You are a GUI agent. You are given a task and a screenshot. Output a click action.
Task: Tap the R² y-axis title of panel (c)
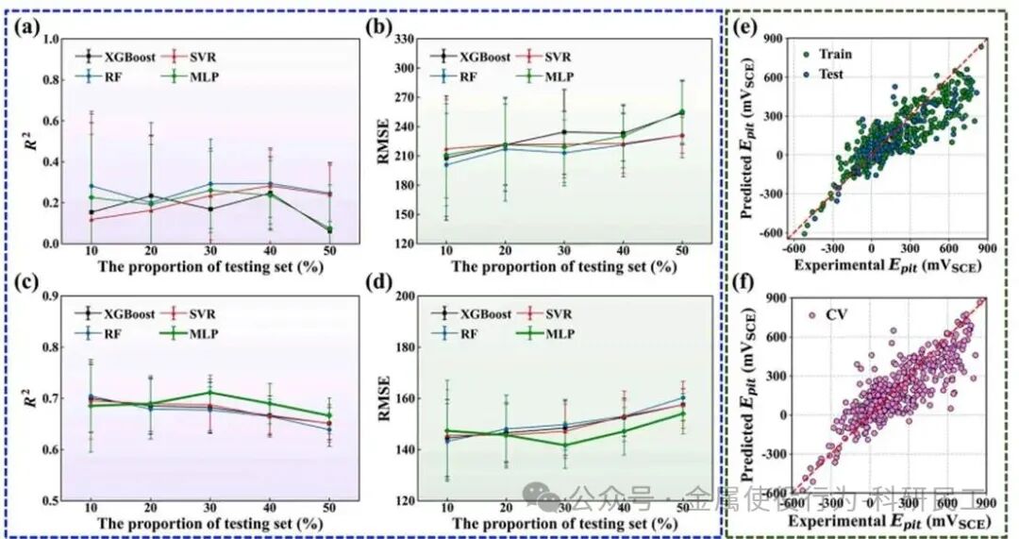point(28,396)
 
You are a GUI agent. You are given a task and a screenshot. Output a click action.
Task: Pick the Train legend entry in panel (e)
point(834,53)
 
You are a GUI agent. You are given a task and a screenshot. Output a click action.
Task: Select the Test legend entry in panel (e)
point(830,75)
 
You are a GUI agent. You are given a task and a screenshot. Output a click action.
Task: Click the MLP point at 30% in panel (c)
point(209,392)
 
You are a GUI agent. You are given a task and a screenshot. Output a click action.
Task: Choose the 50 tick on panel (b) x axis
point(682,252)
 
